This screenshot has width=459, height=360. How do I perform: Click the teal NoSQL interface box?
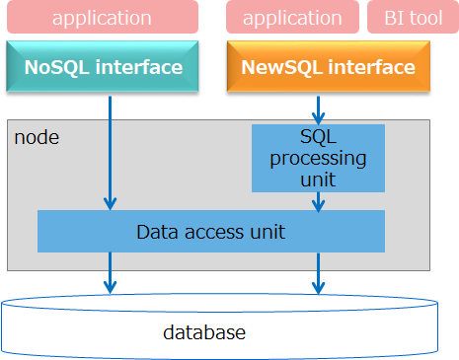(103, 68)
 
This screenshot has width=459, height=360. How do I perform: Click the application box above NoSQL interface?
(103, 18)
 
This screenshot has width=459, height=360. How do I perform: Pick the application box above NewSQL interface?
(293, 18)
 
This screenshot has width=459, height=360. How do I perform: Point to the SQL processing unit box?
(318, 158)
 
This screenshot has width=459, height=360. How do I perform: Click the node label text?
(37, 137)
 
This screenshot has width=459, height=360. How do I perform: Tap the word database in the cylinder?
(203, 332)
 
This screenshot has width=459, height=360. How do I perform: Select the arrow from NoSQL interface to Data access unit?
(110, 148)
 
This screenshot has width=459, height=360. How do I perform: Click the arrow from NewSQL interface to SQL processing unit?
(318, 108)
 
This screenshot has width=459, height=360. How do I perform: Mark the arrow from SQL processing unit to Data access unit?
(318, 201)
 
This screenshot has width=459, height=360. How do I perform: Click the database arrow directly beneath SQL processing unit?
(318, 272)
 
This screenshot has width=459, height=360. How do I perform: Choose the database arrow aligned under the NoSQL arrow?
(110, 272)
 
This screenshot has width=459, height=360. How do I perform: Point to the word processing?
(318, 158)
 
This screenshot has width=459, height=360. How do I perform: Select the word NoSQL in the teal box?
(57, 68)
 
